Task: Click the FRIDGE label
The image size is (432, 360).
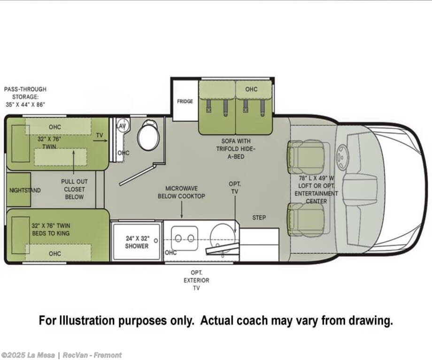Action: tap(185, 101)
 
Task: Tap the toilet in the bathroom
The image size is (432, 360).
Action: tap(148, 135)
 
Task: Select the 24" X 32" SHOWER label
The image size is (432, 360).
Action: tap(137, 242)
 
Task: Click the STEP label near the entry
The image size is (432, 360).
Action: tap(259, 218)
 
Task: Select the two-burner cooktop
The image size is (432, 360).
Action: tap(184, 238)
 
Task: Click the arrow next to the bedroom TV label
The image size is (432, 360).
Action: tap(100, 140)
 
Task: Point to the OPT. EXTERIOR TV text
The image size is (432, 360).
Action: tap(196, 280)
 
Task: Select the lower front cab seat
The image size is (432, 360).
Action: tap(306, 220)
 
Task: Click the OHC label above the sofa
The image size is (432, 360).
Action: tap(251, 89)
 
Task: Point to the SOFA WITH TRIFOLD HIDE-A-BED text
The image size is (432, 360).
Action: tap(236, 149)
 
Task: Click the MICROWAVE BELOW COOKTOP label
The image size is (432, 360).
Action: tap(181, 192)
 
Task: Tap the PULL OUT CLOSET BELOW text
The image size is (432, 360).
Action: tap(74, 189)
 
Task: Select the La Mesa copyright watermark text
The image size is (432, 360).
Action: tap(61, 355)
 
